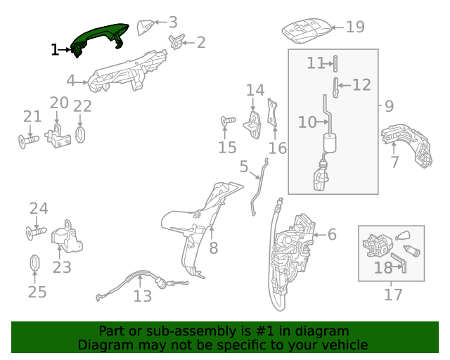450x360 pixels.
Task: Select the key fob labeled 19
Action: click(307, 31)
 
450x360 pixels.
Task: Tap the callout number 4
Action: click(70, 81)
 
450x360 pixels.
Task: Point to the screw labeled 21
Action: click(28, 141)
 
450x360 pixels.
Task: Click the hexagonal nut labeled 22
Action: click(80, 134)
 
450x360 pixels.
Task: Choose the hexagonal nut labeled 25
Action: click(34, 263)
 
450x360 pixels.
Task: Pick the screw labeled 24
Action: click(36, 233)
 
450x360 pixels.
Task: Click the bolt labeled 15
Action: click(228, 120)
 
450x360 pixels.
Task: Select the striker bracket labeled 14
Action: click(252, 125)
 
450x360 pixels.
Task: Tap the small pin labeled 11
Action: click(335, 64)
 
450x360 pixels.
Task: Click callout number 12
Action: click(361, 85)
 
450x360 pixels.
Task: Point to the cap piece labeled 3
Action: click(146, 27)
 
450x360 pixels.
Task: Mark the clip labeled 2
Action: click(176, 41)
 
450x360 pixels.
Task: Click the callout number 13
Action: click(142, 296)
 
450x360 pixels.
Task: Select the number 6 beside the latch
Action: click(332, 234)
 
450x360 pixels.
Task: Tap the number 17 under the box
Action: click(393, 295)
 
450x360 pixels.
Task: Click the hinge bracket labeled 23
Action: click(67, 237)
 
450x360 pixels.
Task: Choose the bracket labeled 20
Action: click(58, 136)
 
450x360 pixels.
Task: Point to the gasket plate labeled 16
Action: click(272, 112)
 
